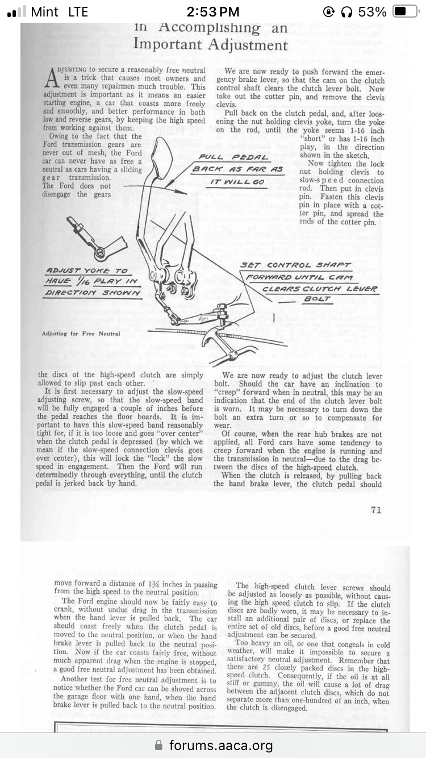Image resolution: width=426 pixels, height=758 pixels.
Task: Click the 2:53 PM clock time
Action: click(x=213, y=11)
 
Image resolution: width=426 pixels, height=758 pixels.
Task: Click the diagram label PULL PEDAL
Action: click(x=234, y=157)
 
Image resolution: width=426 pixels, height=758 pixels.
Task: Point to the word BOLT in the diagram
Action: click(x=318, y=298)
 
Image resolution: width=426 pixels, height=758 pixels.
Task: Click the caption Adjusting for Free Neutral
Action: click(x=81, y=334)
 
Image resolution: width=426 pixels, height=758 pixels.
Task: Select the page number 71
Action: click(x=376, y=510)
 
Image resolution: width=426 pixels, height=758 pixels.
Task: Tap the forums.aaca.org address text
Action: click(x=220, y=745)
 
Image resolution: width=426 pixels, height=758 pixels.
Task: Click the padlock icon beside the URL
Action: click(x=160, y=745)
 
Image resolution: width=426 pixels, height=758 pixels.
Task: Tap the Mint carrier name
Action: click(x=45, y=11)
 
